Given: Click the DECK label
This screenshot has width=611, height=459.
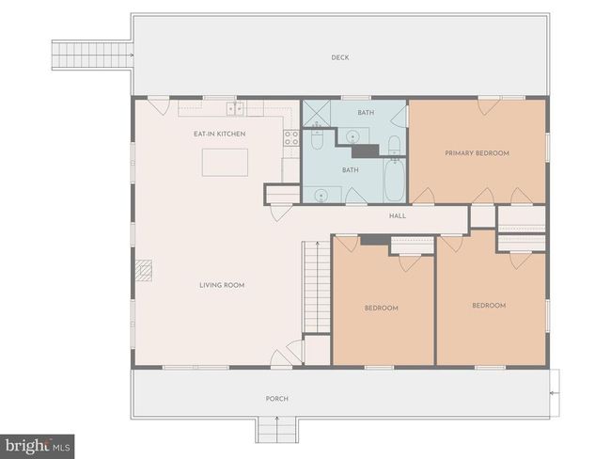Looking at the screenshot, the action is coord(339,57).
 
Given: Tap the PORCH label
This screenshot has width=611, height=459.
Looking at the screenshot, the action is coord(277,399).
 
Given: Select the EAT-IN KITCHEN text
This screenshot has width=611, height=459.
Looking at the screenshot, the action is coord(219,134).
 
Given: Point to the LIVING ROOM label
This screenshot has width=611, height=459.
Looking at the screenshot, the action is coord(222,285).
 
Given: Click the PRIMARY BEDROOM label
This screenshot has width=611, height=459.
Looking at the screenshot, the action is coord(477,153).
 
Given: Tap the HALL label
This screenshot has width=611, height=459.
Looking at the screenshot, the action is coord(398,215).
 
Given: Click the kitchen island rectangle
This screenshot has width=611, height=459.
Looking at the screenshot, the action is coord(225,162).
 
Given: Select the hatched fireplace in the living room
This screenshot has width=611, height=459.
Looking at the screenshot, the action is coord(144,270).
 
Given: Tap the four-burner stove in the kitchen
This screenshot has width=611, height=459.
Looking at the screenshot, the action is coord(291,137).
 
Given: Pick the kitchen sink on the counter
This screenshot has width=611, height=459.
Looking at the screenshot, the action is coord(235,108).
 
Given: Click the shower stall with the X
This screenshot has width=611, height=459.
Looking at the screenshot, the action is coord(317,113).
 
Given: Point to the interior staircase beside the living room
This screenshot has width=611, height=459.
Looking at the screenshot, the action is coord(317,288).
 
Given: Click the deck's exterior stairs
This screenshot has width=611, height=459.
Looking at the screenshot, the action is coord(92,55).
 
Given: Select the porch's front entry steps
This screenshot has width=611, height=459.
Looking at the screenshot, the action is coord(277,430).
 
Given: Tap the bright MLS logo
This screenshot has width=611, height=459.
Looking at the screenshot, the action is coord(37,446).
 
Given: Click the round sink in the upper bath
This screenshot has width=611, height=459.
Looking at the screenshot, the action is coord(353,137).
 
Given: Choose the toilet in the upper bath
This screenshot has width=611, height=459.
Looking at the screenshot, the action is coord(395,145).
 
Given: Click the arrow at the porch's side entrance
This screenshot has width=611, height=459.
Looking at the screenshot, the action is coord(555,393).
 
